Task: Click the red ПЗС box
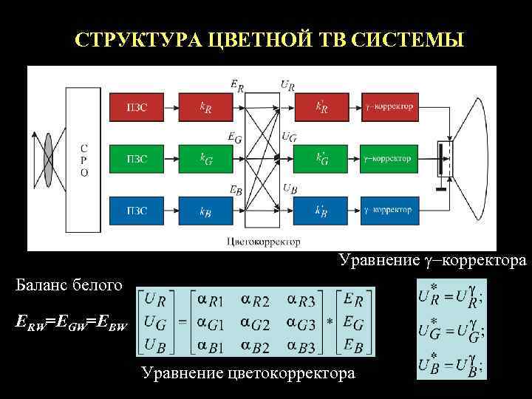(137, 106)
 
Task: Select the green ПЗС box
(137, 158)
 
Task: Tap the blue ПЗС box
(137, 210)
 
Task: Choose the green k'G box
(323, 158)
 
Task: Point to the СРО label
(83, 158)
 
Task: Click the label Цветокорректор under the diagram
(264, 242)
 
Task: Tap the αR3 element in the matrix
(305, 299)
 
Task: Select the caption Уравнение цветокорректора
(248, 374)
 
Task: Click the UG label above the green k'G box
(289, 136)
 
